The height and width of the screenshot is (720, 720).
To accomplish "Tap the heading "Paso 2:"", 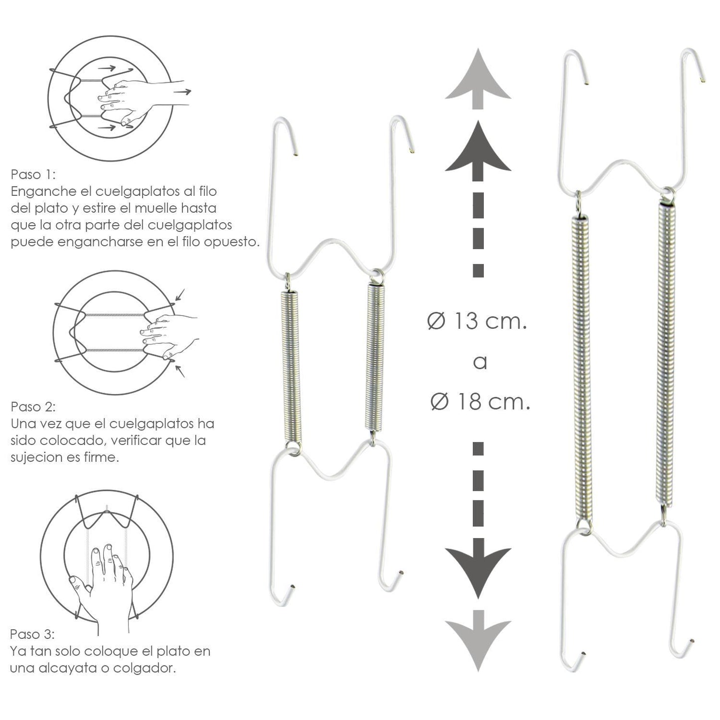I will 33,407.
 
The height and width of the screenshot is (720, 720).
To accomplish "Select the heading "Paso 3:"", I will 32,634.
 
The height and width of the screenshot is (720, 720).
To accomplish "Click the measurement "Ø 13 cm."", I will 477,321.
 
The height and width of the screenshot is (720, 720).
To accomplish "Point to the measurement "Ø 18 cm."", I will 480,402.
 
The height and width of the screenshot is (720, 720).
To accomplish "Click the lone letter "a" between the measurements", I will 480,362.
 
